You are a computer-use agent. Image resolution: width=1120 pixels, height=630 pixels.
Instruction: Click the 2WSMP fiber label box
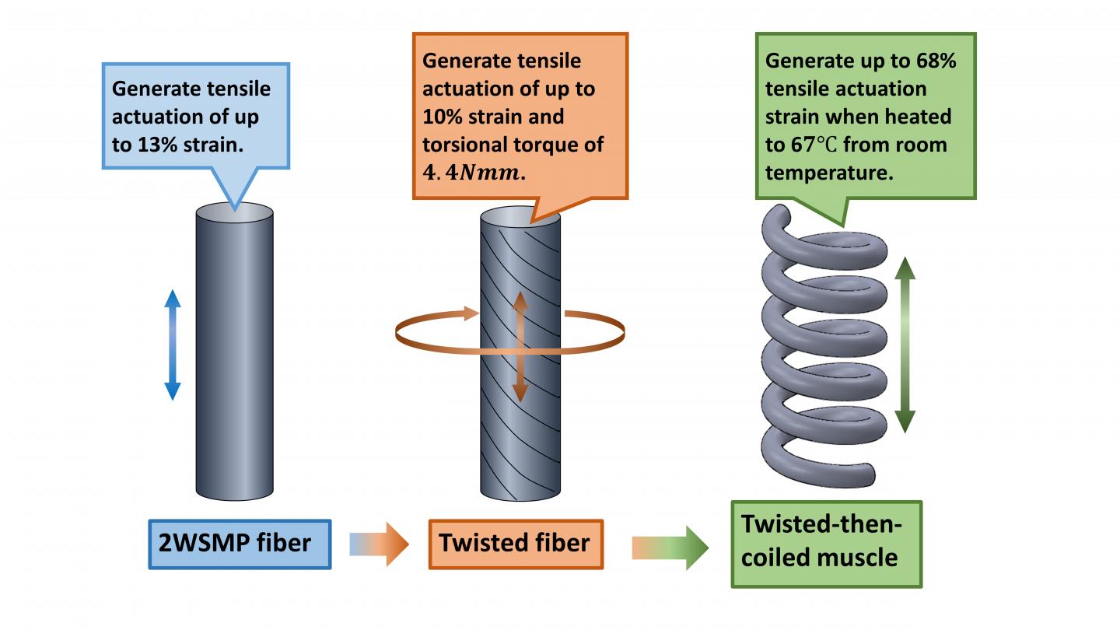[240, 544]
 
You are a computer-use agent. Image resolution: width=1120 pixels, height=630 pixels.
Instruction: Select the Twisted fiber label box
[515, 544]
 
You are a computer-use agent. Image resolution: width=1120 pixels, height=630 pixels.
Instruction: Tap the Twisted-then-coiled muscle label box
[826, 542]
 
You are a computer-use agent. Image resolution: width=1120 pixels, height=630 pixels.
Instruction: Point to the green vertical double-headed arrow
[905, 343]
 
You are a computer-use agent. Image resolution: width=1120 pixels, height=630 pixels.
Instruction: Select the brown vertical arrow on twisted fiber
[520, 347]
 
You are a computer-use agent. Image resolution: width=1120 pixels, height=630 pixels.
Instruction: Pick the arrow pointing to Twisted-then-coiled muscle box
[669, 548]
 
